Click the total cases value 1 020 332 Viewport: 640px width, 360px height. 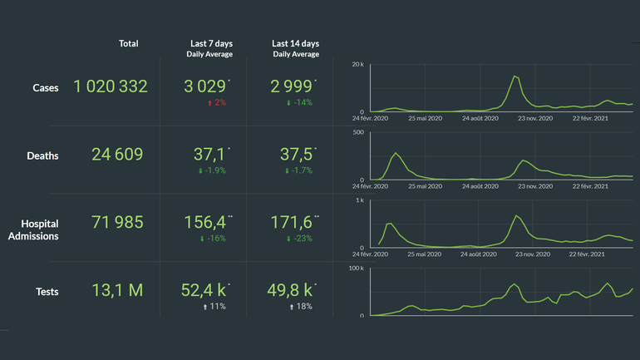(111, 86)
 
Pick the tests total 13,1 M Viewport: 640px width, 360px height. (118, 290)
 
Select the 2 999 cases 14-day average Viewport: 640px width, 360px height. (292, 86)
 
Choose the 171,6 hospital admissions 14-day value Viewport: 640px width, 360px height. (293, 222)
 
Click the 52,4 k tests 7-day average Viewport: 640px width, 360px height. (205, 290)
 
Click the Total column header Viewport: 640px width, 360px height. (129, 43)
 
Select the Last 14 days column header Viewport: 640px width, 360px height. (295, 43)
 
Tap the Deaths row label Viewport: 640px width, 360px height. (42, 155)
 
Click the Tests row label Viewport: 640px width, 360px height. (47, 291)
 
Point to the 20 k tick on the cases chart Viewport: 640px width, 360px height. (357, 64)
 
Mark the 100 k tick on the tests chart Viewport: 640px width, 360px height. (355, 269)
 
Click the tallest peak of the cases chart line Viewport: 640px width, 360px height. (514, 76)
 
